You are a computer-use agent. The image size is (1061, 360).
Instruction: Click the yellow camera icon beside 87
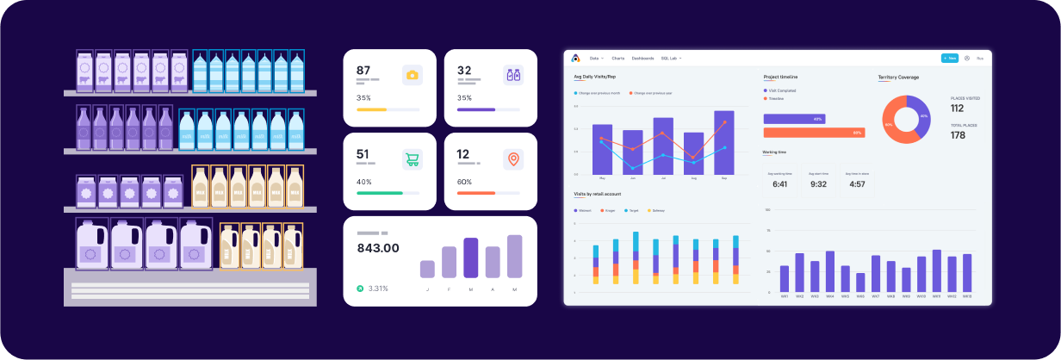tap(413, 75)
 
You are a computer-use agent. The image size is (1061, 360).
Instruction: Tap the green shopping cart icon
tap(413, 159)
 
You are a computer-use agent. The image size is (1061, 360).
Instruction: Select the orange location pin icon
tap(513, 158)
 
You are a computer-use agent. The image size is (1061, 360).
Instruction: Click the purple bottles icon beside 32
tap(513, 75)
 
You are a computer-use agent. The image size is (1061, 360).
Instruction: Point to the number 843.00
tap(378, 248)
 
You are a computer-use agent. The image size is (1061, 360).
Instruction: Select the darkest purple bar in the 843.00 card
tap(470, 258)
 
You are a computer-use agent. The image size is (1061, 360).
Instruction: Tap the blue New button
tap(949, 58)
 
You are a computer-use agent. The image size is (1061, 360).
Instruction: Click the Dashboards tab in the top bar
tap(642, 58)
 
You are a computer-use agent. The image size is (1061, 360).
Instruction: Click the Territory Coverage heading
tap(898, 78)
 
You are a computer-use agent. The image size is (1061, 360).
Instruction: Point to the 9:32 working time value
tap(818, 183)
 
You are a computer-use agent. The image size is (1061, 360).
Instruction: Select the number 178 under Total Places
tap(958, 135)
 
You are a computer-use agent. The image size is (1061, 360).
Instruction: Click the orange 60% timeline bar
tap(814, 133)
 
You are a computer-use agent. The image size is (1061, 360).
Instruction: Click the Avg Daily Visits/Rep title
tap(594, 78)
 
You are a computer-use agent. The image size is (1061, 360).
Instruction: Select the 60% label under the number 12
tap(464, 182)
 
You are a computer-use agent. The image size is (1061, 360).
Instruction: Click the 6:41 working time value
tap(780, 183)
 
